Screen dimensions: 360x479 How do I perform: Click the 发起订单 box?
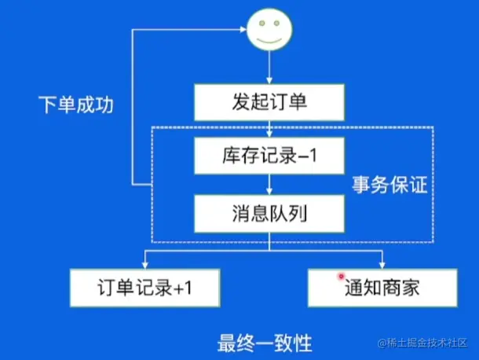click(269, 102)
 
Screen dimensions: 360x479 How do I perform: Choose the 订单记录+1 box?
click(145, 288)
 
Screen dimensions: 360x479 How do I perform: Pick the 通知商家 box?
click(382, 288)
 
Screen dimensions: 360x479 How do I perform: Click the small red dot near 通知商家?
click(341, 277)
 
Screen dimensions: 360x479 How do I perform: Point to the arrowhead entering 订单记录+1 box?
click(145, 264)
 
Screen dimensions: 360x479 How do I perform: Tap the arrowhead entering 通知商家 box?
click(382, 264)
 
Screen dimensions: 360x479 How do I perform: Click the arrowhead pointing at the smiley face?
click(242, 31)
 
